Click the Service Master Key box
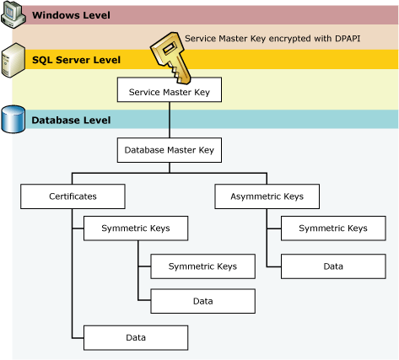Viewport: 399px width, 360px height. coord(170,91)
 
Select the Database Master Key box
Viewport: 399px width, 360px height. coord(170,151)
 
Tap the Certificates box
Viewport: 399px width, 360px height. coord(73,197)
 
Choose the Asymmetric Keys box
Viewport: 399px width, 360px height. coord(267,197)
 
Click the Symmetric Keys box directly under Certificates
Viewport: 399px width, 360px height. coord(135,228)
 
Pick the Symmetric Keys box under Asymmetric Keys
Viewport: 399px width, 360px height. coord(332,228)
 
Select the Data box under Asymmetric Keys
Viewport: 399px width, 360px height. coord(332,266)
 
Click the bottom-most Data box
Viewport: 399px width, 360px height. coord(135,337)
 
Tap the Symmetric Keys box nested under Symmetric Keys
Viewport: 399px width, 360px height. coord(202,266)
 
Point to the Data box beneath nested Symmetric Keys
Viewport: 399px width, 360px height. coord(202,300)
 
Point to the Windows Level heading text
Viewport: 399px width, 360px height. coord(72,16)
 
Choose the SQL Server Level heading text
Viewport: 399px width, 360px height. coord(76,60)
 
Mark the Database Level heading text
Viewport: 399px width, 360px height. coord(71,121)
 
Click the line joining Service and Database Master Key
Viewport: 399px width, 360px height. coord(170,120)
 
